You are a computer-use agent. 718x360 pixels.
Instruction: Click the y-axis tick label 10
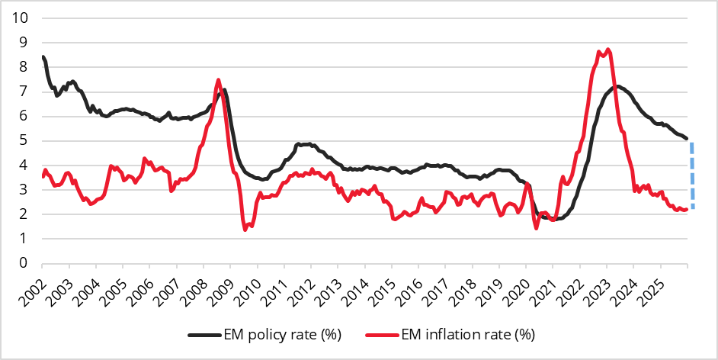point(21,18)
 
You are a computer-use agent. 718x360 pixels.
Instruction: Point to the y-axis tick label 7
point(24,92)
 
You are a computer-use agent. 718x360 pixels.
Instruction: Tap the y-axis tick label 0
point(24,263)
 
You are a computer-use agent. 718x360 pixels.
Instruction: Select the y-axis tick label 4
point(24,165)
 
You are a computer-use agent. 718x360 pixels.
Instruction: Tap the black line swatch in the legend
point(204,334)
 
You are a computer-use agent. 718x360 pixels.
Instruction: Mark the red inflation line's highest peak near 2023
point(607,50)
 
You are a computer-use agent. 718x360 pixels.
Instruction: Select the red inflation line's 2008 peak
point(219,79)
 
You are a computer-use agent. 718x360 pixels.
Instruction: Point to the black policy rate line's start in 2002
point(43,56)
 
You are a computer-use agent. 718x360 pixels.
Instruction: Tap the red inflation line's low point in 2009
point(245,229)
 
